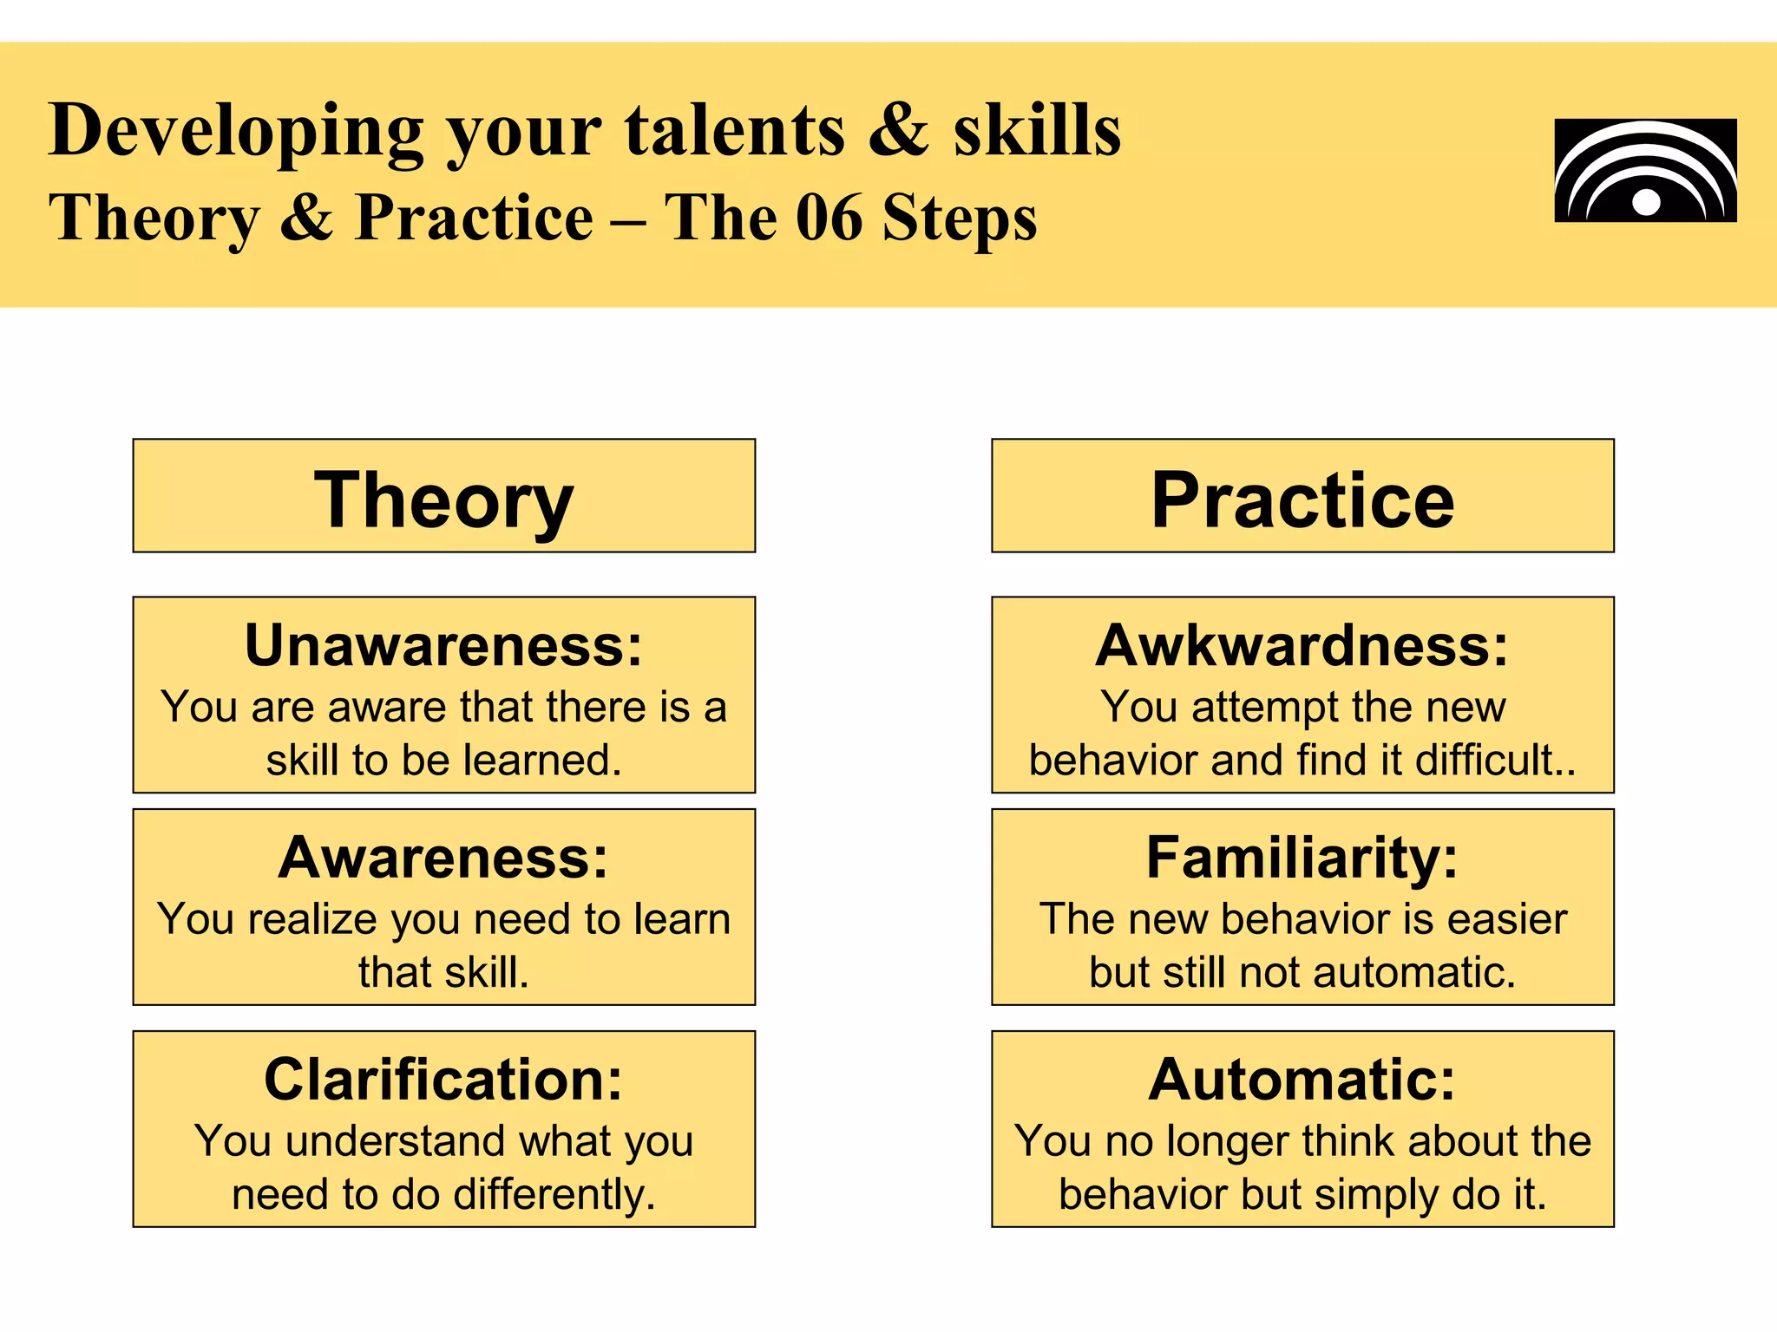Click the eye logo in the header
click(1645, 171)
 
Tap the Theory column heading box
click(443, 496)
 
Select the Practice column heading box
click(1302, 496)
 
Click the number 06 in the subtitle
click(829, 218)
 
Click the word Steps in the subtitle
click(959, 218)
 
